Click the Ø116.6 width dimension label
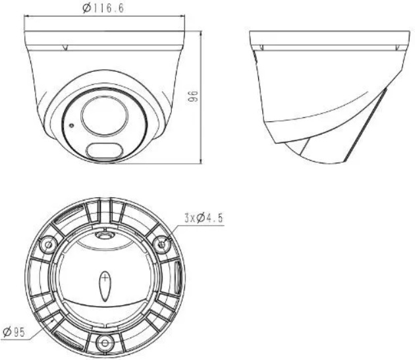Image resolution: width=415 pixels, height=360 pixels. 103,8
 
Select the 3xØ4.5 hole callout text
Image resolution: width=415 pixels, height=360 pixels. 204,218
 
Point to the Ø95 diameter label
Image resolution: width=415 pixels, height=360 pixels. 14,332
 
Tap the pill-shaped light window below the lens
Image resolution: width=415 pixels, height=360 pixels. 105,151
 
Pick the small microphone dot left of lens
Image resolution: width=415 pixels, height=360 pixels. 71,125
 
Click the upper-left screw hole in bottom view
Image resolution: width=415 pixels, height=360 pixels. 48,245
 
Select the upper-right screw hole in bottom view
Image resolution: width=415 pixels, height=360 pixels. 161,244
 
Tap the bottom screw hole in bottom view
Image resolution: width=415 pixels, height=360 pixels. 105,343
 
